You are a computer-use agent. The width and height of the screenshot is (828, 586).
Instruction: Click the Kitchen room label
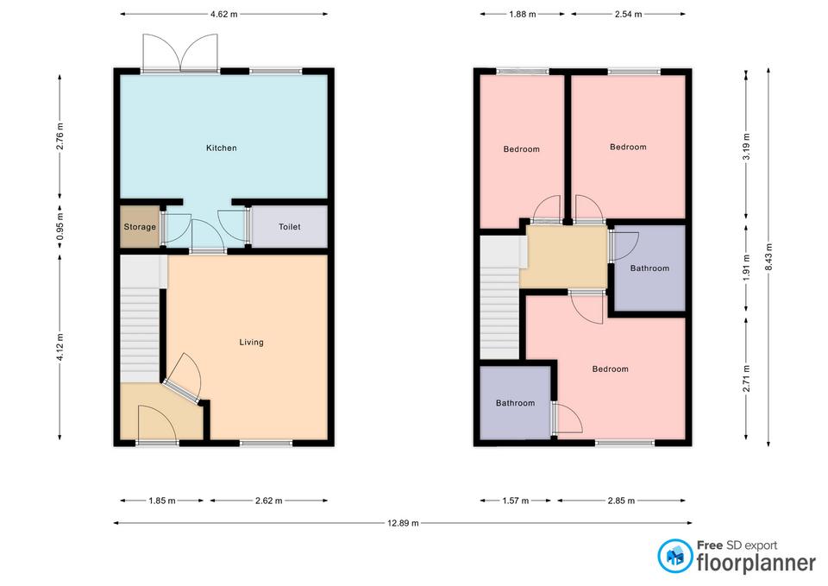222,148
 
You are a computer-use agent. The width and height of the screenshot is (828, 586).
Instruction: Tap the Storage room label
140,227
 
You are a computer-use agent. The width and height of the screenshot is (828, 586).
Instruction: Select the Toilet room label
290,227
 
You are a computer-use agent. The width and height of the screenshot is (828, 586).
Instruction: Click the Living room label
251,342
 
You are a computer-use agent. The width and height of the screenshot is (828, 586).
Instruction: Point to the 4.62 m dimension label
224,15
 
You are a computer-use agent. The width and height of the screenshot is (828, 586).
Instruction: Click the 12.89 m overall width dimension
403,523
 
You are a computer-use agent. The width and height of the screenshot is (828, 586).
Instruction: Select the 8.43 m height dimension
768,257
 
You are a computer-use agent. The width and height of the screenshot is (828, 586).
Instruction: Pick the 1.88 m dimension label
523,15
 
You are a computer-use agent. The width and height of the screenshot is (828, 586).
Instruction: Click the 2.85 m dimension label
621,501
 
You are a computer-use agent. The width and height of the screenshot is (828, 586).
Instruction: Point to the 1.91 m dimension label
746,268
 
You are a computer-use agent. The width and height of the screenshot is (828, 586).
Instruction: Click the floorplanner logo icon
675,556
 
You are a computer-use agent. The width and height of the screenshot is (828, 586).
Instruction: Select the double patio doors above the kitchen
180,53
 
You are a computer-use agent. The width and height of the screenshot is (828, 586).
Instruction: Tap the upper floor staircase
499,298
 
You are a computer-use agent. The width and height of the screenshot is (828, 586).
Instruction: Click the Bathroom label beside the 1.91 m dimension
649,268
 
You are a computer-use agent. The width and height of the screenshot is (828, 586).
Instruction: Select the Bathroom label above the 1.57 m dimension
516,403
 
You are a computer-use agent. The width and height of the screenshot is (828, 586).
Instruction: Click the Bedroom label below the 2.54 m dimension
628,147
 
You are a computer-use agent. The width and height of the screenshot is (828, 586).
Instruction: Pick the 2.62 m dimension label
268,501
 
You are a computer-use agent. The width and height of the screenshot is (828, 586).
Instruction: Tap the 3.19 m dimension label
746,147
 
